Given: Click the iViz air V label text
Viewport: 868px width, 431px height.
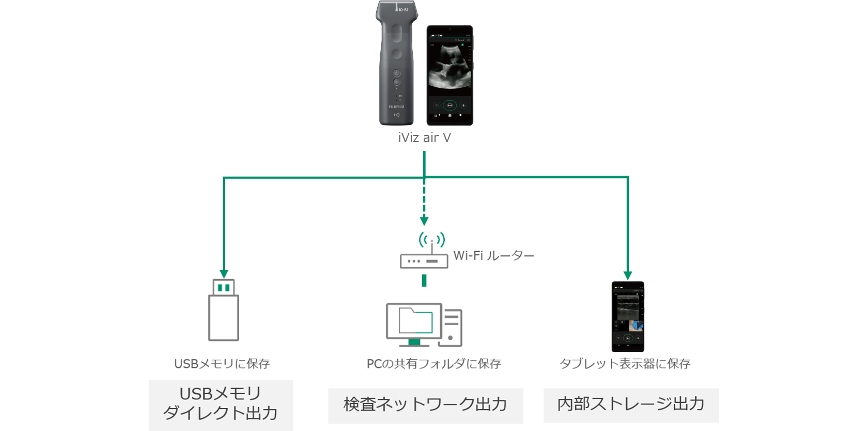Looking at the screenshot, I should click(x=424, y=138).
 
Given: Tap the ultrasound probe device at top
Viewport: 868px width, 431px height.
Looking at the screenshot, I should click(x=396, y=62).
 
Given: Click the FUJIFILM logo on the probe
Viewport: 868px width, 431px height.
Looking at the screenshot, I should click(x=396, y=107).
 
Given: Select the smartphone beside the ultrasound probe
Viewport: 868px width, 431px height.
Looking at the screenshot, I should click(x=450, y=75).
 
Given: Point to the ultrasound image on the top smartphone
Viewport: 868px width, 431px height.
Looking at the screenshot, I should click(x=450, y=67).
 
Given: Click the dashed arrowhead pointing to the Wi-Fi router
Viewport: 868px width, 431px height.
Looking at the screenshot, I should click(x=424, y=221).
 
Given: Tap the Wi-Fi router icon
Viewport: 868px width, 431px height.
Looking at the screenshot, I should click(x=424, y=260).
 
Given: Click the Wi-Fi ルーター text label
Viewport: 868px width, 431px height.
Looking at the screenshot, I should click(x=493, y=256).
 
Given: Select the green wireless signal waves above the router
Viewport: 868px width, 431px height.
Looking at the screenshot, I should click(x=431, y=239).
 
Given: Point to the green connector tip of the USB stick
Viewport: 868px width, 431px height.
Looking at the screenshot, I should click(x=224, y=287).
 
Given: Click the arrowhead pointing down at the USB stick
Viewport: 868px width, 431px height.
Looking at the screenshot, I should click(x=224, y=274).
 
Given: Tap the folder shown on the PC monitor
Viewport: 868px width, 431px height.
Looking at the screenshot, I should click(x=415, y=321).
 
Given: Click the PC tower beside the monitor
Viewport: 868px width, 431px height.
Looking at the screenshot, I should click(x=451, y=328).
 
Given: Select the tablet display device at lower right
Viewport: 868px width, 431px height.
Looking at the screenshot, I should click(x=628, y=316).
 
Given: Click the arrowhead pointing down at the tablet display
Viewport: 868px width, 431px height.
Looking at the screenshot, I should click(x=628, y=275).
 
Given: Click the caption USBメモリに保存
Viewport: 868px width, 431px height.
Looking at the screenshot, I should click(x=222, y=364).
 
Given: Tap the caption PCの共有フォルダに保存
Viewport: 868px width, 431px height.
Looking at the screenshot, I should click(x=433, y=364).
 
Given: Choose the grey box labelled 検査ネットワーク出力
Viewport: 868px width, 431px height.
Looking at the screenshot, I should click(x=425, y=405).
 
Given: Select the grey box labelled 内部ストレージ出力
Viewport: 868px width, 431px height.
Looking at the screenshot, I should click(x=631, y=405).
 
